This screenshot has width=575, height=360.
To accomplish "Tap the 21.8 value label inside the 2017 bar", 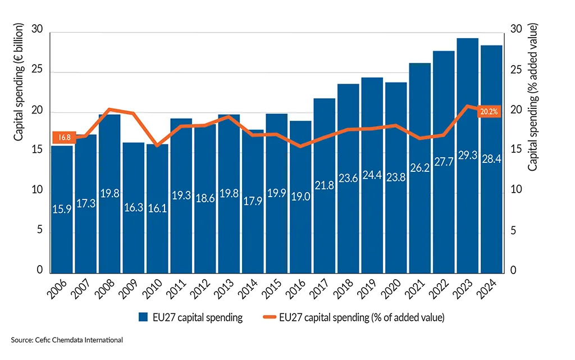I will pos(324,185).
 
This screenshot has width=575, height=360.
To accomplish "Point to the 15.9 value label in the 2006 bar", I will pos(62,209).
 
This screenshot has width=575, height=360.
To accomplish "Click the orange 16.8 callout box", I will pos(62,137).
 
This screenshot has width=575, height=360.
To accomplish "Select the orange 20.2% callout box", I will pos(488,112).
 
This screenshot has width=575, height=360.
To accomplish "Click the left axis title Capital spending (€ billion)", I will pos(19,82).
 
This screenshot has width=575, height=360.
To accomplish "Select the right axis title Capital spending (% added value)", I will pos(533,97).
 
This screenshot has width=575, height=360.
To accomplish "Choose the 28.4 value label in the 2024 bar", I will pos(491,160).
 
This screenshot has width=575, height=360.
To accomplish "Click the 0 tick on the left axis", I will pos(39,271).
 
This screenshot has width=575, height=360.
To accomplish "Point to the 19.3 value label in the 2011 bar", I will pos(181,195).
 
